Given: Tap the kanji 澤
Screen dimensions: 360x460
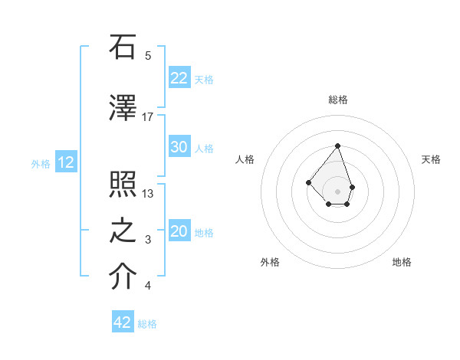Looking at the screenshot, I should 123,109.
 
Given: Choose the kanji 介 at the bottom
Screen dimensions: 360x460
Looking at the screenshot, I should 123,278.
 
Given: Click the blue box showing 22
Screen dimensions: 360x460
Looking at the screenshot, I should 179,78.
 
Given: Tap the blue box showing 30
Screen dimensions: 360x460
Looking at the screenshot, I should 179,147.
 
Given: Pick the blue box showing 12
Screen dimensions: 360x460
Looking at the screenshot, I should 66,162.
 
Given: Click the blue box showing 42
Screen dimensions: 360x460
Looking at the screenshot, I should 123,322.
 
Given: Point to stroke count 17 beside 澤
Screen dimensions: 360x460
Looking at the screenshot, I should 148,116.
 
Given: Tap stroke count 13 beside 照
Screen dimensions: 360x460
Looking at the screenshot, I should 148,193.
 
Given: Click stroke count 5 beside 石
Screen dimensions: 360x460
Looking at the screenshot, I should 148,55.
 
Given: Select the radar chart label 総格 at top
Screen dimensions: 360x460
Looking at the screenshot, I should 337,100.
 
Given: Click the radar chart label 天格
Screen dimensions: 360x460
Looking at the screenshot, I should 431,159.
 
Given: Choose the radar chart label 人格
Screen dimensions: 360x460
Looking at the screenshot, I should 245,159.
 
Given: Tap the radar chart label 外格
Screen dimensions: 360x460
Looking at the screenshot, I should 270,262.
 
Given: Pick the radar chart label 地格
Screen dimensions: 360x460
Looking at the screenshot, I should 402,262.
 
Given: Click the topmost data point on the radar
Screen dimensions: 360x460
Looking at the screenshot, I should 337,146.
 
